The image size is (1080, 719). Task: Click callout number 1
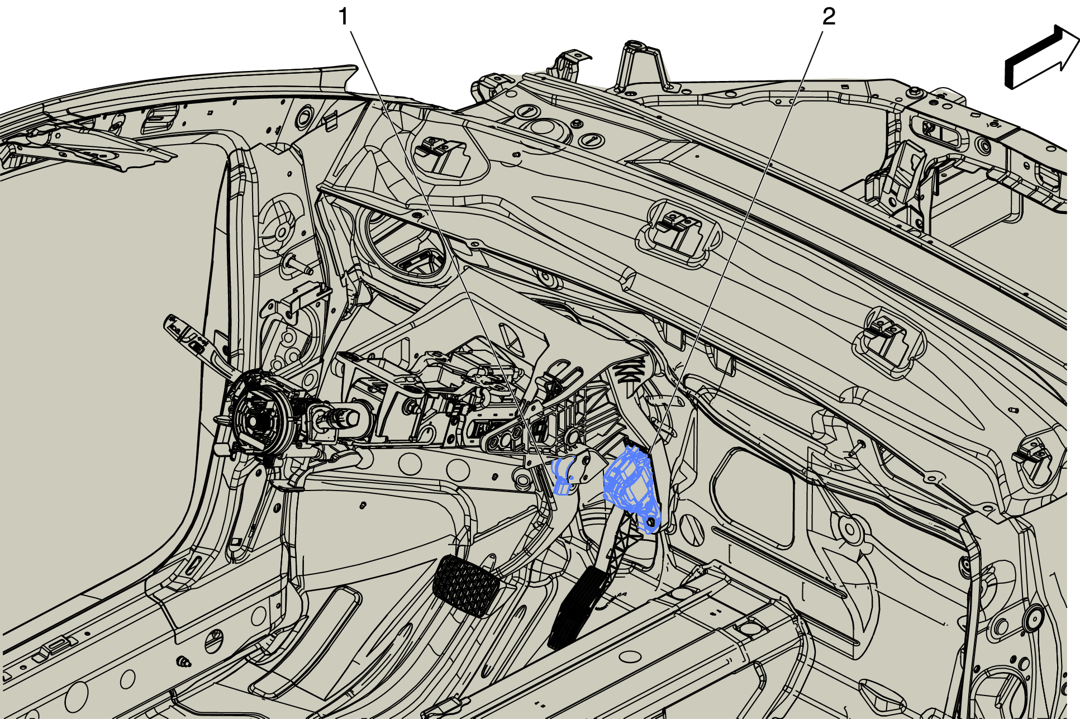pos(344,17)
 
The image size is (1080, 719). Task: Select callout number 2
pos(829,17)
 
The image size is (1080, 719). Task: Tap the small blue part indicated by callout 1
pos(565,476)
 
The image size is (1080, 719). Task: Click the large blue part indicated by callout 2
pos(633,486)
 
